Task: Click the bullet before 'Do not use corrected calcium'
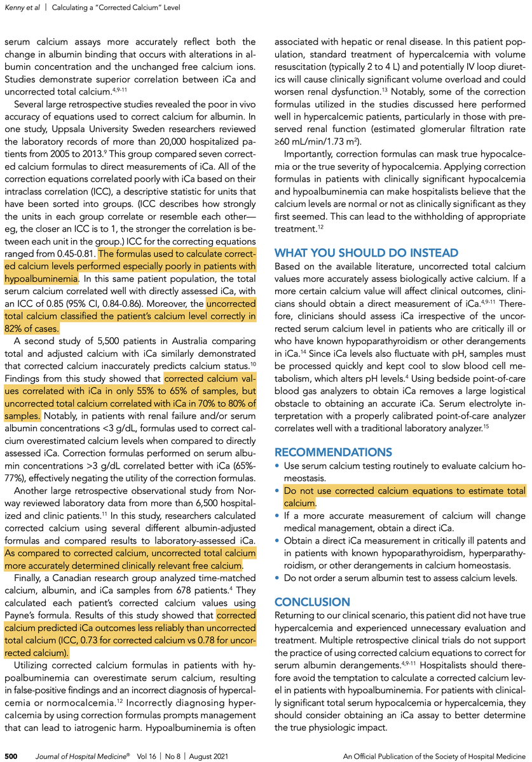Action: (277, 491)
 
